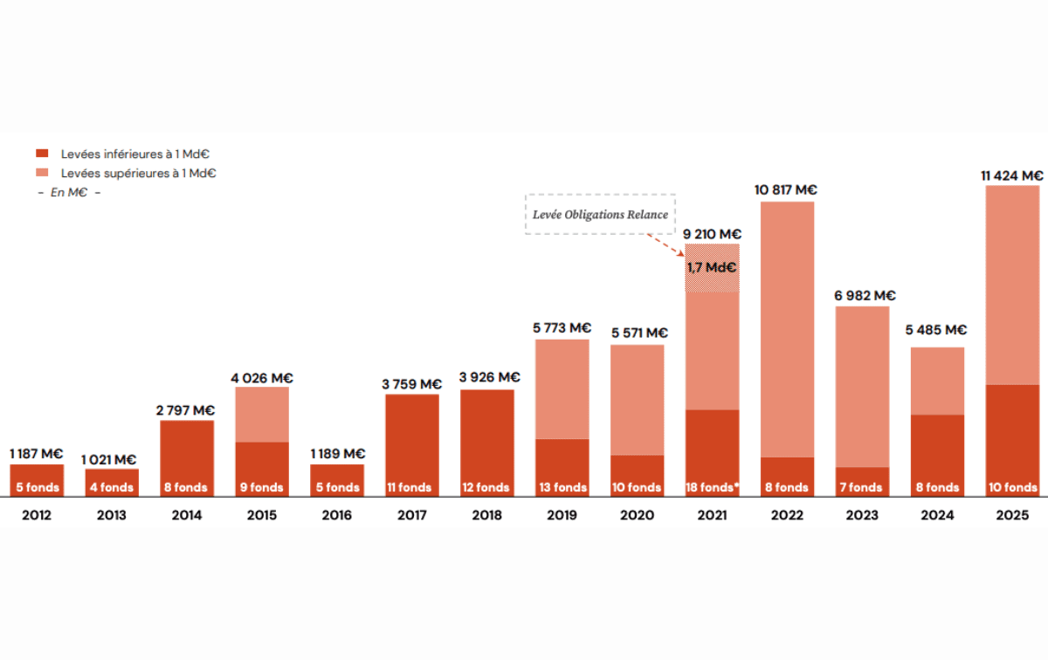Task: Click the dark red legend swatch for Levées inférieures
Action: pyautogui.click(x=42, y=154)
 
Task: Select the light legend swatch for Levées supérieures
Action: pyautogui.click(x=42, y=173)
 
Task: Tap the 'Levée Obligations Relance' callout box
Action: pyautogui.click(x=600, y=215)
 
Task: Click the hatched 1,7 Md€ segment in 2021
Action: pyautogui.click(x=712, y=268)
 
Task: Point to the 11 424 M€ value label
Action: pyautogui.click(x=1012, y=175)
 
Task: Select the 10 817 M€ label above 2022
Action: pyautogui.click(x=787, y=189)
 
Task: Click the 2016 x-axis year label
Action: pyautogui.click(x=337, y=516)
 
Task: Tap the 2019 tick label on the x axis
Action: pyautogui.click(x=562, y=516)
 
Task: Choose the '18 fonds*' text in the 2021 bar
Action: pyautogui.click(x=712, y=487)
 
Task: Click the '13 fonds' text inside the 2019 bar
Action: pyautogui.click(x=562, y=487)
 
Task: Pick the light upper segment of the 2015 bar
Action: pyautogui.click(x=262, y=414)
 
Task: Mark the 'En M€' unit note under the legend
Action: pyautogui.click(x=69, y=192)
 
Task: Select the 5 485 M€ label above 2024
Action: pyautogui.click(x=937, y=330)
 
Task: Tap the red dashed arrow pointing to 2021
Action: pyautogui.click(x=670, y=245)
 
